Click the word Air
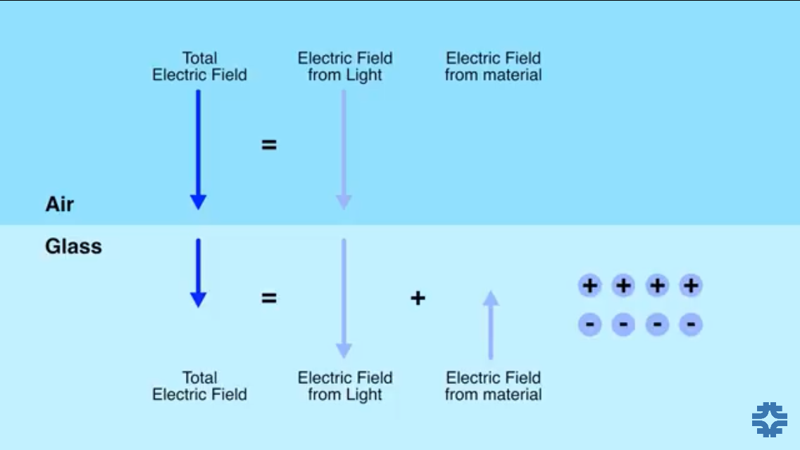tap(60, 205)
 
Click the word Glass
tap(73, 247)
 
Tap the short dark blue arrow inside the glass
tap(198, 273)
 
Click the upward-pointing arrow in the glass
tap(491, 325)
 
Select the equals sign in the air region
tap(269, 146)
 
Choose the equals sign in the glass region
tap(269, 298)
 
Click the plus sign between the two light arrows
tap(418, 298)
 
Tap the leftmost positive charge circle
tap(590, 285)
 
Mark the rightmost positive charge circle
tap(691, 285)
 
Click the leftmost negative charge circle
tap(590, 324)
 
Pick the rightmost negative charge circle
tap(691, 324)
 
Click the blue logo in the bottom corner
tap(769, 420)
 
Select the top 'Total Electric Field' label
tap(199, 67)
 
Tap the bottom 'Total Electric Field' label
tap(199, 386)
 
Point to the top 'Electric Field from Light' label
tap(345, 67)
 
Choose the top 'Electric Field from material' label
tap(493, 67)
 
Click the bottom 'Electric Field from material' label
tap(493, 386)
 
